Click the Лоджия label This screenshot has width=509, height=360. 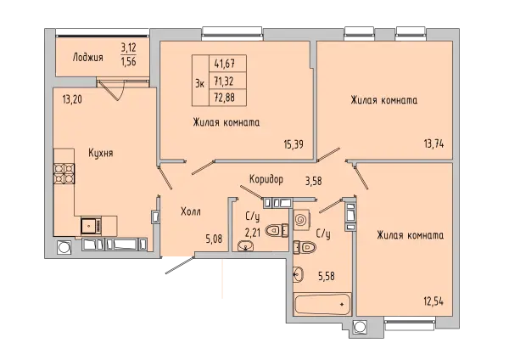click(x=88, y=58)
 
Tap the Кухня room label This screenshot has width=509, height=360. click(x=101, y=153)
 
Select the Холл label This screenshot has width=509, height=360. click(x=191, y=212)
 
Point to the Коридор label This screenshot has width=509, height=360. click(x=266, y=178)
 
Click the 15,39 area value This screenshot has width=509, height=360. click(x=294, y=144)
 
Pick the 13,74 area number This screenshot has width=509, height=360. click(x=433, y=143)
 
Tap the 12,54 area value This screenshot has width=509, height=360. click(x=433, y=301)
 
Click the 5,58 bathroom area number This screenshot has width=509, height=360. click(x=325, y=276)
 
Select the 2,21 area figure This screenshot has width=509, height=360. click(x=253, y=233)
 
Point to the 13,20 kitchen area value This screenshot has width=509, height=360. click(x=72, y=99)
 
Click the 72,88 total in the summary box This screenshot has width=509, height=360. click(x=224, y=98)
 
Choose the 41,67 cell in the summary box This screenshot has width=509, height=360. click(x=224, y=64)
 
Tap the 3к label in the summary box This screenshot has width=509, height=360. click(x=199, y=84)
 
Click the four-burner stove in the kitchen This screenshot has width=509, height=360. click(x=64, y=174)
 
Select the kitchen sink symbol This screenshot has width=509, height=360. click(x=92, y=226)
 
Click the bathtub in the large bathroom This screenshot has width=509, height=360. click(x=322, y=304)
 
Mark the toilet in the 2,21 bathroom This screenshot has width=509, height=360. click(x=277, y=231)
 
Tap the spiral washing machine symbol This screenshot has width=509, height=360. click(x=301, y=220)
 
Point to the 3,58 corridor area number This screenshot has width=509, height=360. click(x=314, y=181)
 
